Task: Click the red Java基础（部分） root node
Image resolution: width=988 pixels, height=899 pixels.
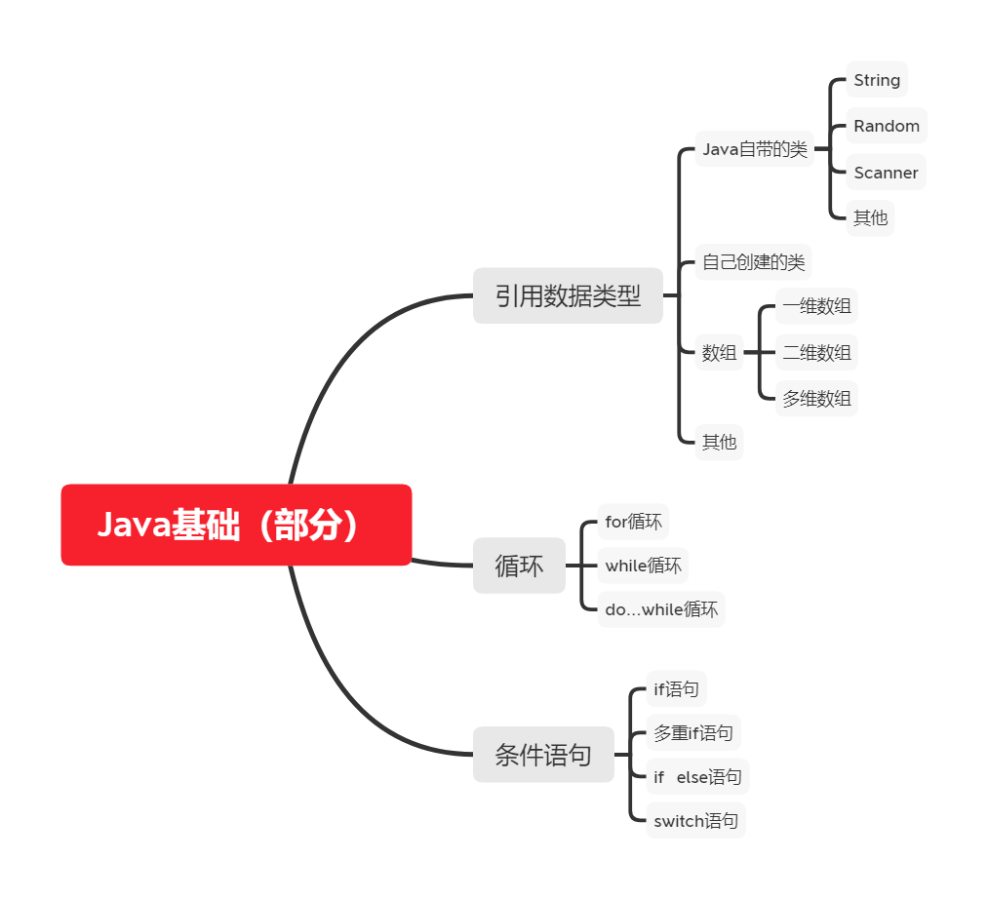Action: [x=236, y=525]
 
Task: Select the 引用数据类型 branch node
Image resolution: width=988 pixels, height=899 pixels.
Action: [x=568, y=295]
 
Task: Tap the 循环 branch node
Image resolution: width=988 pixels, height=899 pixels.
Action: [x=519, y=566]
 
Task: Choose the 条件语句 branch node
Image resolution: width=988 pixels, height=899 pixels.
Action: [x=543, y=755]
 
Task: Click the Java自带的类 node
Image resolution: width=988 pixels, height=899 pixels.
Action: [x=755, y=149]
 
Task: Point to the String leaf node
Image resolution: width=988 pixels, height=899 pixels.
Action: [x=877, y=80]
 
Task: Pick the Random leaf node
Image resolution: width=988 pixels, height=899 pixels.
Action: [x=887, y=126]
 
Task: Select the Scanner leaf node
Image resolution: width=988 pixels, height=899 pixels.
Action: [x=886, y=173]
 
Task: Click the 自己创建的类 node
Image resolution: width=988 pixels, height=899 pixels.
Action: [x=754, y=262]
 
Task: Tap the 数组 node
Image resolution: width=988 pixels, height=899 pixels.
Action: [x=720, y=353]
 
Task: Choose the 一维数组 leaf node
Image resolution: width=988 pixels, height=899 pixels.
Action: [x=816, y=306]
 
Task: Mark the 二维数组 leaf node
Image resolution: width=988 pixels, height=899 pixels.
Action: [x=816, y=353]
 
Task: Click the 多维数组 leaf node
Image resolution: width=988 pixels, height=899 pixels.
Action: [x=816, y=398]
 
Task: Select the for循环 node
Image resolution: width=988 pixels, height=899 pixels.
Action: [x=633, y=522]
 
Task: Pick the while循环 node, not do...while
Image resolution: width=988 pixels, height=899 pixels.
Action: [x=643, y=566]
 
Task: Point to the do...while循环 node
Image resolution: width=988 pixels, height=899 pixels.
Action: [x=661, y=609]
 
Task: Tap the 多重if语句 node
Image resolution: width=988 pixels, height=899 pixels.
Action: [x=692, y=733]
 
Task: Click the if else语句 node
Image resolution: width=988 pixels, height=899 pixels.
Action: [x=697, y=777]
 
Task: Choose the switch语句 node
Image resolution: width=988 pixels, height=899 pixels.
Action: [x=695, y=821]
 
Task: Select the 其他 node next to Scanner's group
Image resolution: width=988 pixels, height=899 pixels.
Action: [x=870, y=217]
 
